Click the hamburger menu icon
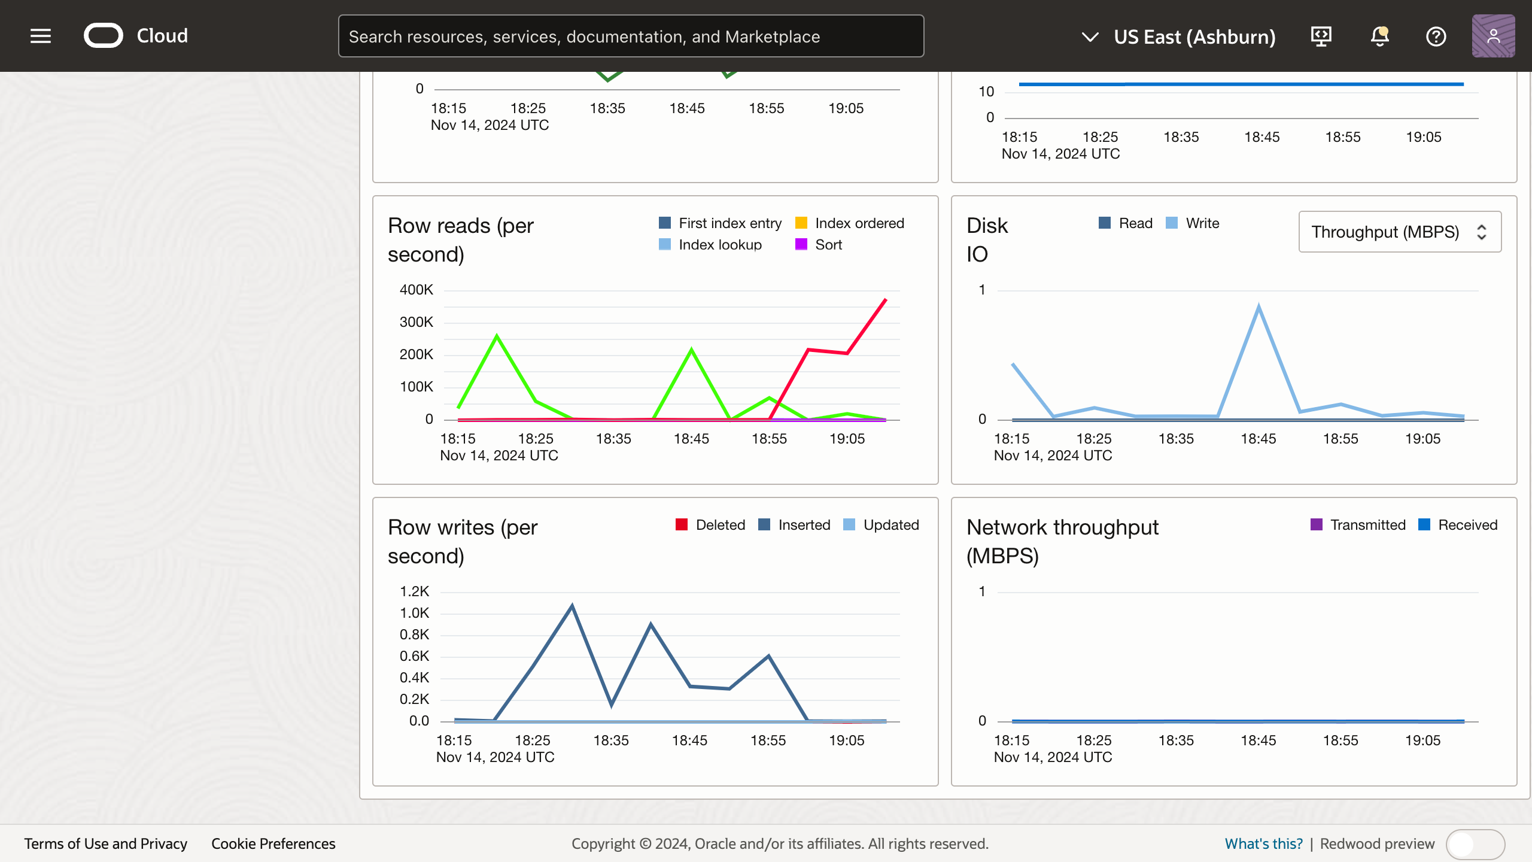(x=41, y=36)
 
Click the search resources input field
(x=631, y=36)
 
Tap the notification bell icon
(x=1379, y=36)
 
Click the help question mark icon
(x=1436, y=36)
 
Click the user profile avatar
(x=1493, y=36)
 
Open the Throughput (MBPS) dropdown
(x=1399, y=232)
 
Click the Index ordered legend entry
(x=850, y=223)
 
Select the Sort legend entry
(x=819, y=245)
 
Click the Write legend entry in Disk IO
(x=1193, y=223)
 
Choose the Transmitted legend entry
(x=1358, y=525)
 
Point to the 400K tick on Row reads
(x=416, y=290)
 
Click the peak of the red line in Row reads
(x=885, y=299)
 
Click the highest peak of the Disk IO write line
(x=1259, y=306)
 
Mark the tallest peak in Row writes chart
(x=572, y=606)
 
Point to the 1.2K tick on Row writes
(x=414, y=591)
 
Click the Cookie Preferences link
(x=273, y=843)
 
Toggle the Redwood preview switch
(x=1475, y=844)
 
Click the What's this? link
(x=1263, y=843)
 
